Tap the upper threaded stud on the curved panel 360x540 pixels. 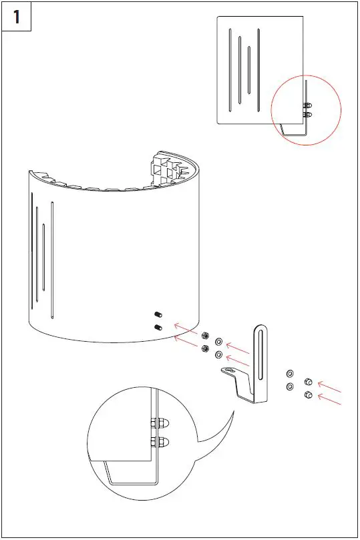pos(159,314)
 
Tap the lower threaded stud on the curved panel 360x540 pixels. pos(159,327)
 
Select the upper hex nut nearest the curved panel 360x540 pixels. pos(205,336)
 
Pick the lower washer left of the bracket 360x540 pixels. pos(219,354)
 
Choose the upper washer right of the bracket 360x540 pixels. pos(290,374)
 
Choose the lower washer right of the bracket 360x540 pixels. pos(290,386)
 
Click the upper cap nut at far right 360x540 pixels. pos(309,381)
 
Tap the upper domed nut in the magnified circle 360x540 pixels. pos(160,423)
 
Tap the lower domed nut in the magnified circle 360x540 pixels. pos(160,441)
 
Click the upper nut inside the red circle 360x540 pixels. pos(307,105)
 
